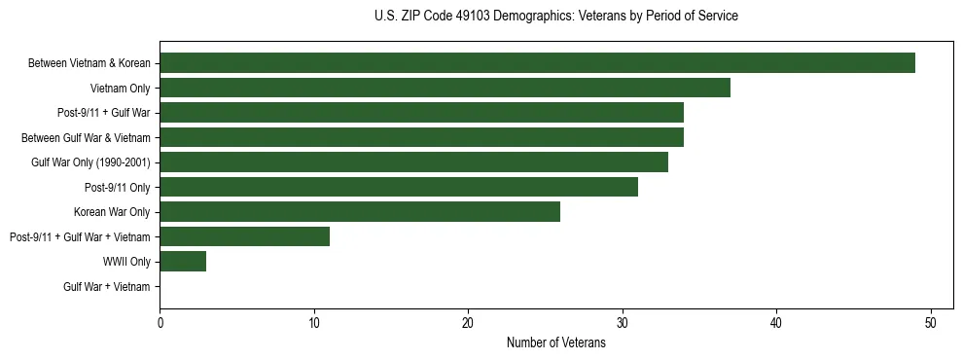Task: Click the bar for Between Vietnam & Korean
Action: click(x=537, y=63)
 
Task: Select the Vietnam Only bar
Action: click(x=445, y=88)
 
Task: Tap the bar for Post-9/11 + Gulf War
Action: click(x=421, y=113)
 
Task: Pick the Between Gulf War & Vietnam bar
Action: click(x=421, y=137)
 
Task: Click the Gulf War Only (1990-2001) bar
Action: click(x=413, y=162)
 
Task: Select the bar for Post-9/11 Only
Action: click(x=399, y=187)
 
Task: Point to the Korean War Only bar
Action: click(x=360, y=211)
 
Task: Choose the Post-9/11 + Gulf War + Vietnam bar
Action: click(x=244, y=236)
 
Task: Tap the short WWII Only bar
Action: click(x=183, y=261)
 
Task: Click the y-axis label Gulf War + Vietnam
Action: click(x=107, y=286)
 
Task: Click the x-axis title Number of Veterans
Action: click(x=555, y=343)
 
